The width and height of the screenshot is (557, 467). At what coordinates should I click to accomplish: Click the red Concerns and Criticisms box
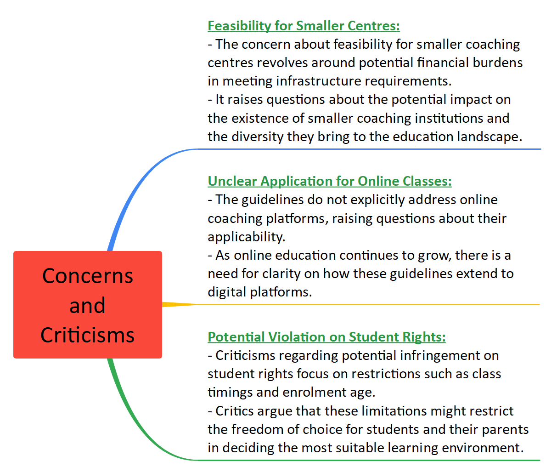tap(88, 304)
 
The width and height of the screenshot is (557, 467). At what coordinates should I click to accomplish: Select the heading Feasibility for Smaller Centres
tap(304, 26)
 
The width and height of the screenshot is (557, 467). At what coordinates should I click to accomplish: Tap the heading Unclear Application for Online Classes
tap(329, 181)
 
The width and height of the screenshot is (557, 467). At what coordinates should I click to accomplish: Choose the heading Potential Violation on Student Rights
tap(326, 337)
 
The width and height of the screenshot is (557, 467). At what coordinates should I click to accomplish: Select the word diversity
tap(257, 137)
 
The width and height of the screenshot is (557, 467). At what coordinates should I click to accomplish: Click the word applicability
tap(246, 237)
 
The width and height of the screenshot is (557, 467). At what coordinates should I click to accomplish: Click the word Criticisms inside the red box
tap(88, 335)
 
